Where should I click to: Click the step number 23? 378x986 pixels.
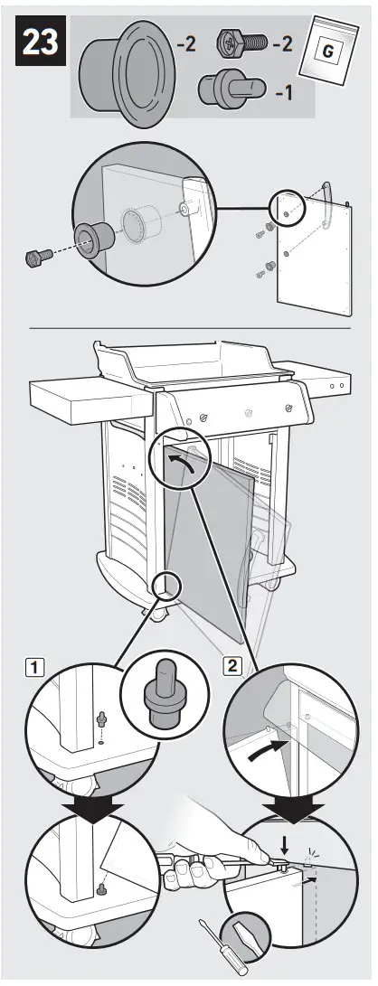tap(38, 43)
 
